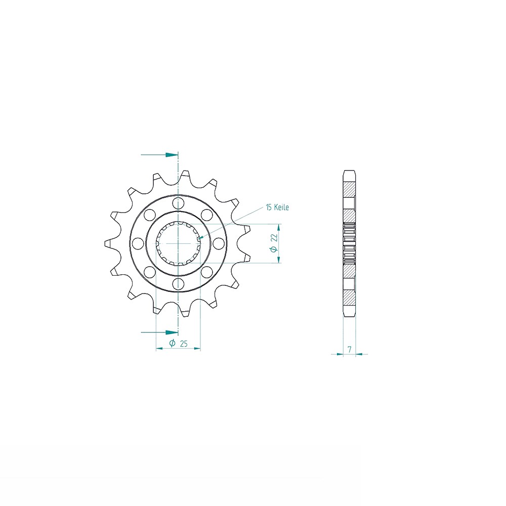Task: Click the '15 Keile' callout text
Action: tap(277, 207)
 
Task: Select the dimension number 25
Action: tap(184, 344)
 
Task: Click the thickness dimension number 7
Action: tap(350, 349)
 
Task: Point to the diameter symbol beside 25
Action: tap(173, 343)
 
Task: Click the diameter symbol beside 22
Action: tap(274, 249)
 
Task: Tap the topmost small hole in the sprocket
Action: tap(178, 203)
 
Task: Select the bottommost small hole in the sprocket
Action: tap(178, 284)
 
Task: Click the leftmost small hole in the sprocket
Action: tap(138, 243)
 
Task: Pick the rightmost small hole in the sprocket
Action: tap(219, 243)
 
